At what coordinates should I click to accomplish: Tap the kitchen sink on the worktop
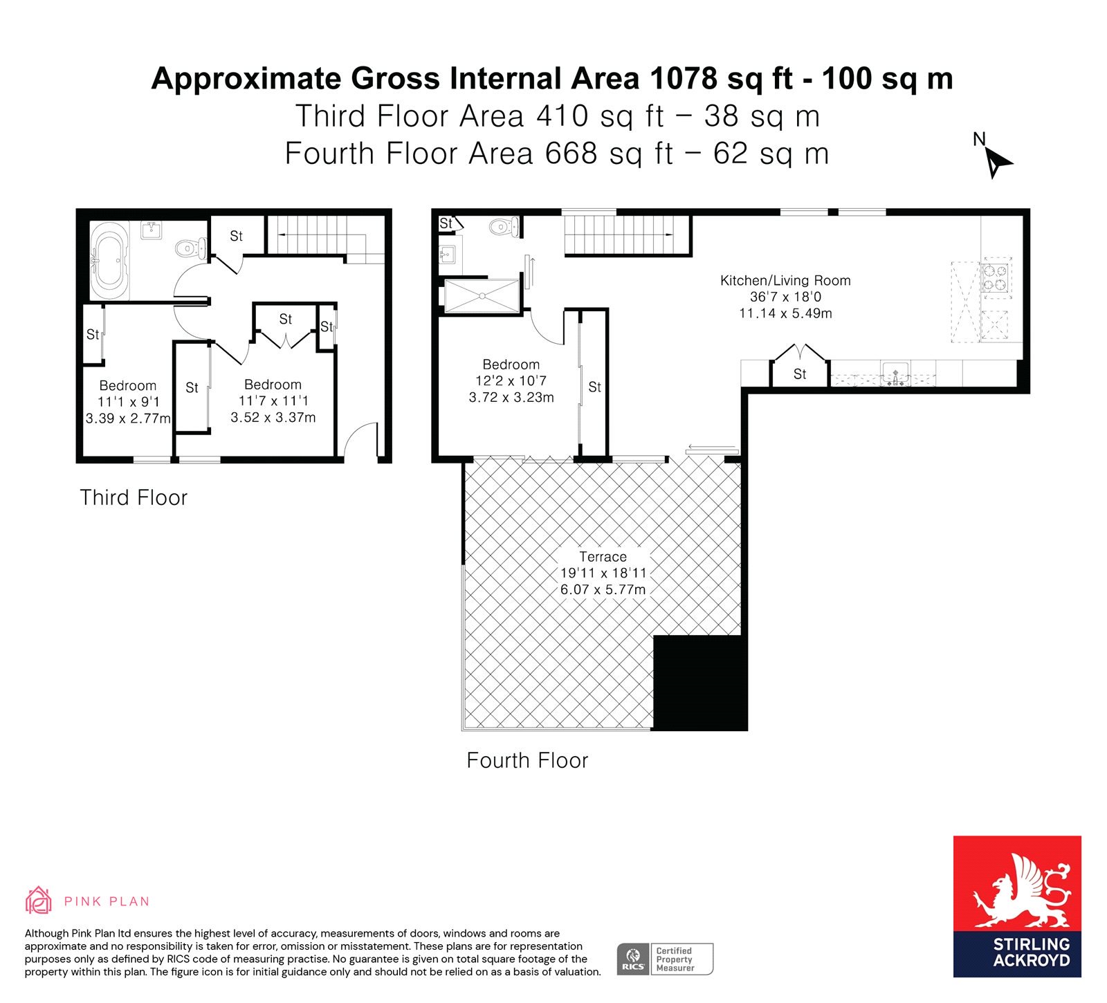click(x=895, y=374)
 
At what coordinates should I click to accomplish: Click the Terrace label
click(x=603, y=557)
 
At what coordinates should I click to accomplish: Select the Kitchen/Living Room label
click(x=785, y=281)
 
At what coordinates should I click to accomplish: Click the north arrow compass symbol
click(x=996, y=158)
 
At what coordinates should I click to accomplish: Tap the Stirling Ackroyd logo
click(x=1017, y=906)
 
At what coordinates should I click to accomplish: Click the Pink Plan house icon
click(x=39, y=900)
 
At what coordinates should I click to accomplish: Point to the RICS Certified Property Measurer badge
click(x=665, y=959)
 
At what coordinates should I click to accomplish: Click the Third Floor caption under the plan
click(x=134, y=498)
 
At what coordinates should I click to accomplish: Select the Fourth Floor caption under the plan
click(x=527, y=761)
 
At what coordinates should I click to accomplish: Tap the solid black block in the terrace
click(x=700, y=683)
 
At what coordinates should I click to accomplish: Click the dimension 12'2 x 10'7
click(x=511, y=381)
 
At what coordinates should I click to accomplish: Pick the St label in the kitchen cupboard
click(x=800, y=374)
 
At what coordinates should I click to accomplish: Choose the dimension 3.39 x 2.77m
click(x=128, y=418)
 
